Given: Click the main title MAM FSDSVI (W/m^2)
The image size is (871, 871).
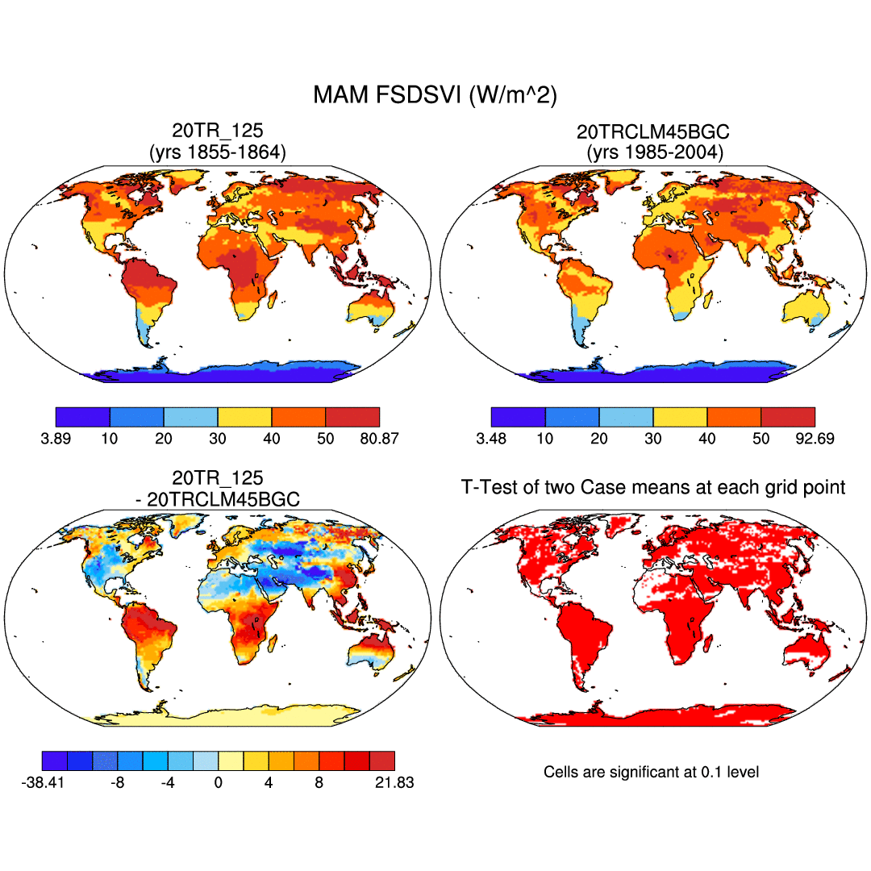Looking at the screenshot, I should (x=435, y=95).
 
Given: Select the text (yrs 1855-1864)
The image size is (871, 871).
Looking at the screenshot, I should (x=217, y=151).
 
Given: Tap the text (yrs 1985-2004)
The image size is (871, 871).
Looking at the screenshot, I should (x=652, y=151).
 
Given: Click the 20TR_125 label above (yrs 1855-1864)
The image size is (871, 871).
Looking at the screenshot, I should (x=217, y=131).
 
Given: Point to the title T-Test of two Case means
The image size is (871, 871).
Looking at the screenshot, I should (x=652, y=487).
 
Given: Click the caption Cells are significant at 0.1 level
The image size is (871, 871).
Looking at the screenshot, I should (x=651, y=772).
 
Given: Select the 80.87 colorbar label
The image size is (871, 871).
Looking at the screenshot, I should (x=379, y=439).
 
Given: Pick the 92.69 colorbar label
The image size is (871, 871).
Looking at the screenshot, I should (x=814, y=439).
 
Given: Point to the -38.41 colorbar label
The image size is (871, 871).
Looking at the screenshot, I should (x=43, y=782).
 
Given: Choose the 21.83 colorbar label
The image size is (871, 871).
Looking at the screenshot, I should (x=394, y=782).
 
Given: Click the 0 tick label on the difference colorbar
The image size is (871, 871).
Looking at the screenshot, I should (x=218, y=782).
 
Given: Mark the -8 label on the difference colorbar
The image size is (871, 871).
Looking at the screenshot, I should (x=118, y=782).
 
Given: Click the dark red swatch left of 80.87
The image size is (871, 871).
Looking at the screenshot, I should (x=352, y=417).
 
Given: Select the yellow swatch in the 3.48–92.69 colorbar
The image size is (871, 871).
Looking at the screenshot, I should (x=679, y=417).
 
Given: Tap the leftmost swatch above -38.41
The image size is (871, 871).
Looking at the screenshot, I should (x=54, y=761).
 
